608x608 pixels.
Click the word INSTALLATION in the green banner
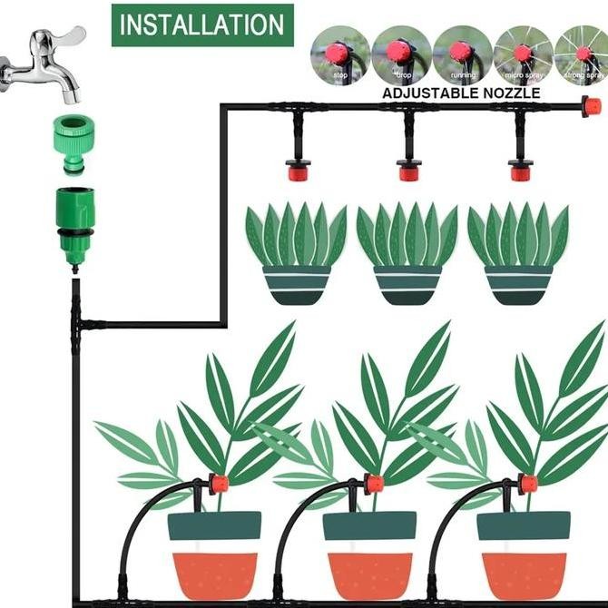coord(202,25)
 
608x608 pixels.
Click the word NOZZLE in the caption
coord(510,93)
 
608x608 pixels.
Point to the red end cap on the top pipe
coord(592,107)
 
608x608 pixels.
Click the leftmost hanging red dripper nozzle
coord(296,169)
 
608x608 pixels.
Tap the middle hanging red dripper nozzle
coord(408,169)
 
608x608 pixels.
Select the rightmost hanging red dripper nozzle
coord(520,169)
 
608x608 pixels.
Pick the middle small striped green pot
coord(408,284)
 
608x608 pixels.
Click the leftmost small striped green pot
coord(297,284)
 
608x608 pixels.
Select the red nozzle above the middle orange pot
coord(373,483)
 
